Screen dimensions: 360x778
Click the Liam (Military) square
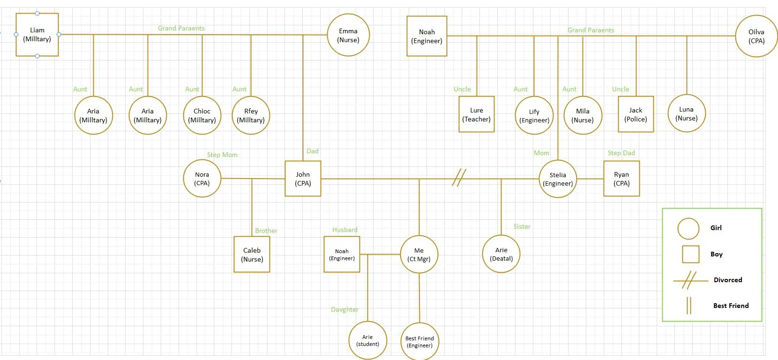pos(37,35)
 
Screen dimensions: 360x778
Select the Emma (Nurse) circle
pos(348,35)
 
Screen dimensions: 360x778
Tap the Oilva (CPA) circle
pos(756,36)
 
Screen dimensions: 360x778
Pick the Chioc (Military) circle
pos(202,115)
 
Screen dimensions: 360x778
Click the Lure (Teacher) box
pos(476,114)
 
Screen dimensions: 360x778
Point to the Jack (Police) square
pos(636,114)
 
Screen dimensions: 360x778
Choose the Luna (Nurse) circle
pos(686,113)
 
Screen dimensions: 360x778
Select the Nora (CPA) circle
pos(202,179)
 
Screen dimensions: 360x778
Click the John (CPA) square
pos(303,179)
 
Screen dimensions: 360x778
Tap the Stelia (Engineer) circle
pos(558,179)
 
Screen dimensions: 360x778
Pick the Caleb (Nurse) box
pos(252,255)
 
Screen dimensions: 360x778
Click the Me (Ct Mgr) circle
pos(419,255)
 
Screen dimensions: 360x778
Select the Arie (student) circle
pos(367,340)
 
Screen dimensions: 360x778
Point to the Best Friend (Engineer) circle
pos(419,342)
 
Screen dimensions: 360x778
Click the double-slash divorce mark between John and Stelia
pos(459,178)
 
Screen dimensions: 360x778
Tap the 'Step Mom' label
pos(222,155)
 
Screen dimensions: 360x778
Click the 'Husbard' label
pos(344,230)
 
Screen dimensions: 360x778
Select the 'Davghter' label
pos(344,309)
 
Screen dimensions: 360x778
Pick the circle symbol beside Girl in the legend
pos(688,228)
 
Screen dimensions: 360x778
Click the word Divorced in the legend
pos(727,280)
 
